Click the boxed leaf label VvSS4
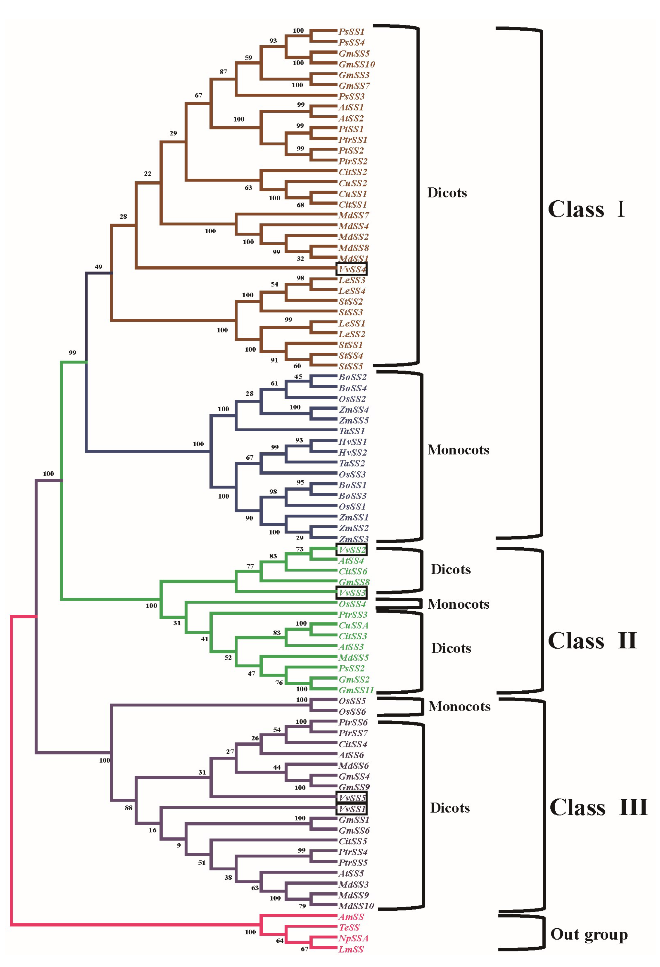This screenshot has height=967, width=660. click(x=352, y=269)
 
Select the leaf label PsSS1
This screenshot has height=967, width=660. click(x=351, y=32)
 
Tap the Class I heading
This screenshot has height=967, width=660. click(x=586, y=209)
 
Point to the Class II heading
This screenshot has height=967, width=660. click(x=592, y=640)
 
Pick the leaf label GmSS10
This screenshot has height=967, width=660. click(x=357, y=64)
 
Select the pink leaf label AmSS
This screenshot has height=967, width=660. click(x=351, y=917)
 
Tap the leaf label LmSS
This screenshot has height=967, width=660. click(x=351, y=949)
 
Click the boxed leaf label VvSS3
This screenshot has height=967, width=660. click(x=352, y=593)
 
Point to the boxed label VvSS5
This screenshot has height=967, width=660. click(x=352, y=798)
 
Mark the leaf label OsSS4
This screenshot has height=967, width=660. click(x=352, y=604)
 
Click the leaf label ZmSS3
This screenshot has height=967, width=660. click(x=353, y=539)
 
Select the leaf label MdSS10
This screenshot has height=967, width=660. click(x=356, y=906)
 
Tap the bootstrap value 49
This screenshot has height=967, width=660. click(x=99, y=267)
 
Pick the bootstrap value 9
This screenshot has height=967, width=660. click(x=178, y=845)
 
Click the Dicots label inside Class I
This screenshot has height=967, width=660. click(x=447, y=193)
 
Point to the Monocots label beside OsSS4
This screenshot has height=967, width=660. click(x=458, y=604)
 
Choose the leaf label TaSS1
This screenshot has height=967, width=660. click(x=352, y=431)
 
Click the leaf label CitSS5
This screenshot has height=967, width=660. click(x=353, y=841)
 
